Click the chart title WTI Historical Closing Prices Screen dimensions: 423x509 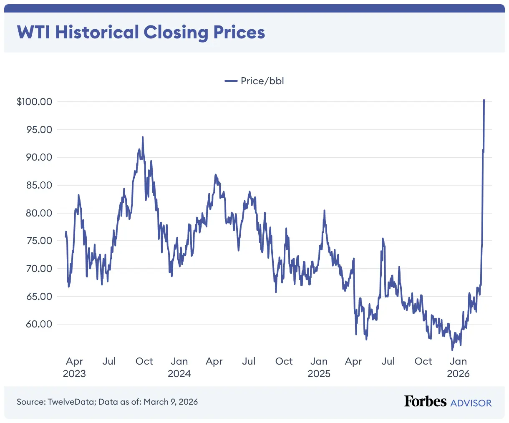(x=141, y=33)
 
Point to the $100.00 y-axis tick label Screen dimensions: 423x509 (x=34, y=102)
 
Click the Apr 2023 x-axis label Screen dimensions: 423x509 (x=74, y=367)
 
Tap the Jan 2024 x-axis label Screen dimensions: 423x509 (x=179, y=367)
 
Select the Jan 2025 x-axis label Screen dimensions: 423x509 (x=319, y=367)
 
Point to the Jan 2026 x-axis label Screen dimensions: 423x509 (x=458, y=367)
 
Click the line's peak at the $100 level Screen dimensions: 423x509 (x=484, y=100)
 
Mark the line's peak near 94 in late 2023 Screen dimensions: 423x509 (x=143, y=137)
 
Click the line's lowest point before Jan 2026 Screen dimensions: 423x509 (x=452, y=350)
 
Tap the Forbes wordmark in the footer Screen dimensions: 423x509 (x=425, y=401)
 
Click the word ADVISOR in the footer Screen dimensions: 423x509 (x=471, y=403)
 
